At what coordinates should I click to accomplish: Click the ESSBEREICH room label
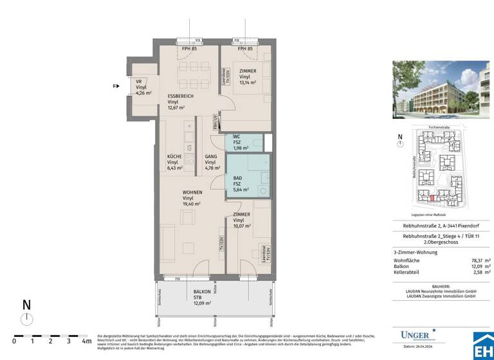tap(181, 96)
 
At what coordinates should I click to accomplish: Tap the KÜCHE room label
tap(174, 157)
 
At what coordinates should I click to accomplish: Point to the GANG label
tap(210, 157)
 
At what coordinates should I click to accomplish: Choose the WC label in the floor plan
tap(236, 136)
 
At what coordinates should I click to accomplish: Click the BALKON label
tap(202, 292)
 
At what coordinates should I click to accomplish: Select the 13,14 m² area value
tap(248, 83)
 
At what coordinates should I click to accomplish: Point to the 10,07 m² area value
tap(242, 226)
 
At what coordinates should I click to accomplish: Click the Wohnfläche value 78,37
tap(477, 260)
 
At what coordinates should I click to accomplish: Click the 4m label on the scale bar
tap(86, 341)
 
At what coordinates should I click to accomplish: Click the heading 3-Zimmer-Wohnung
tap(416, 252)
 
